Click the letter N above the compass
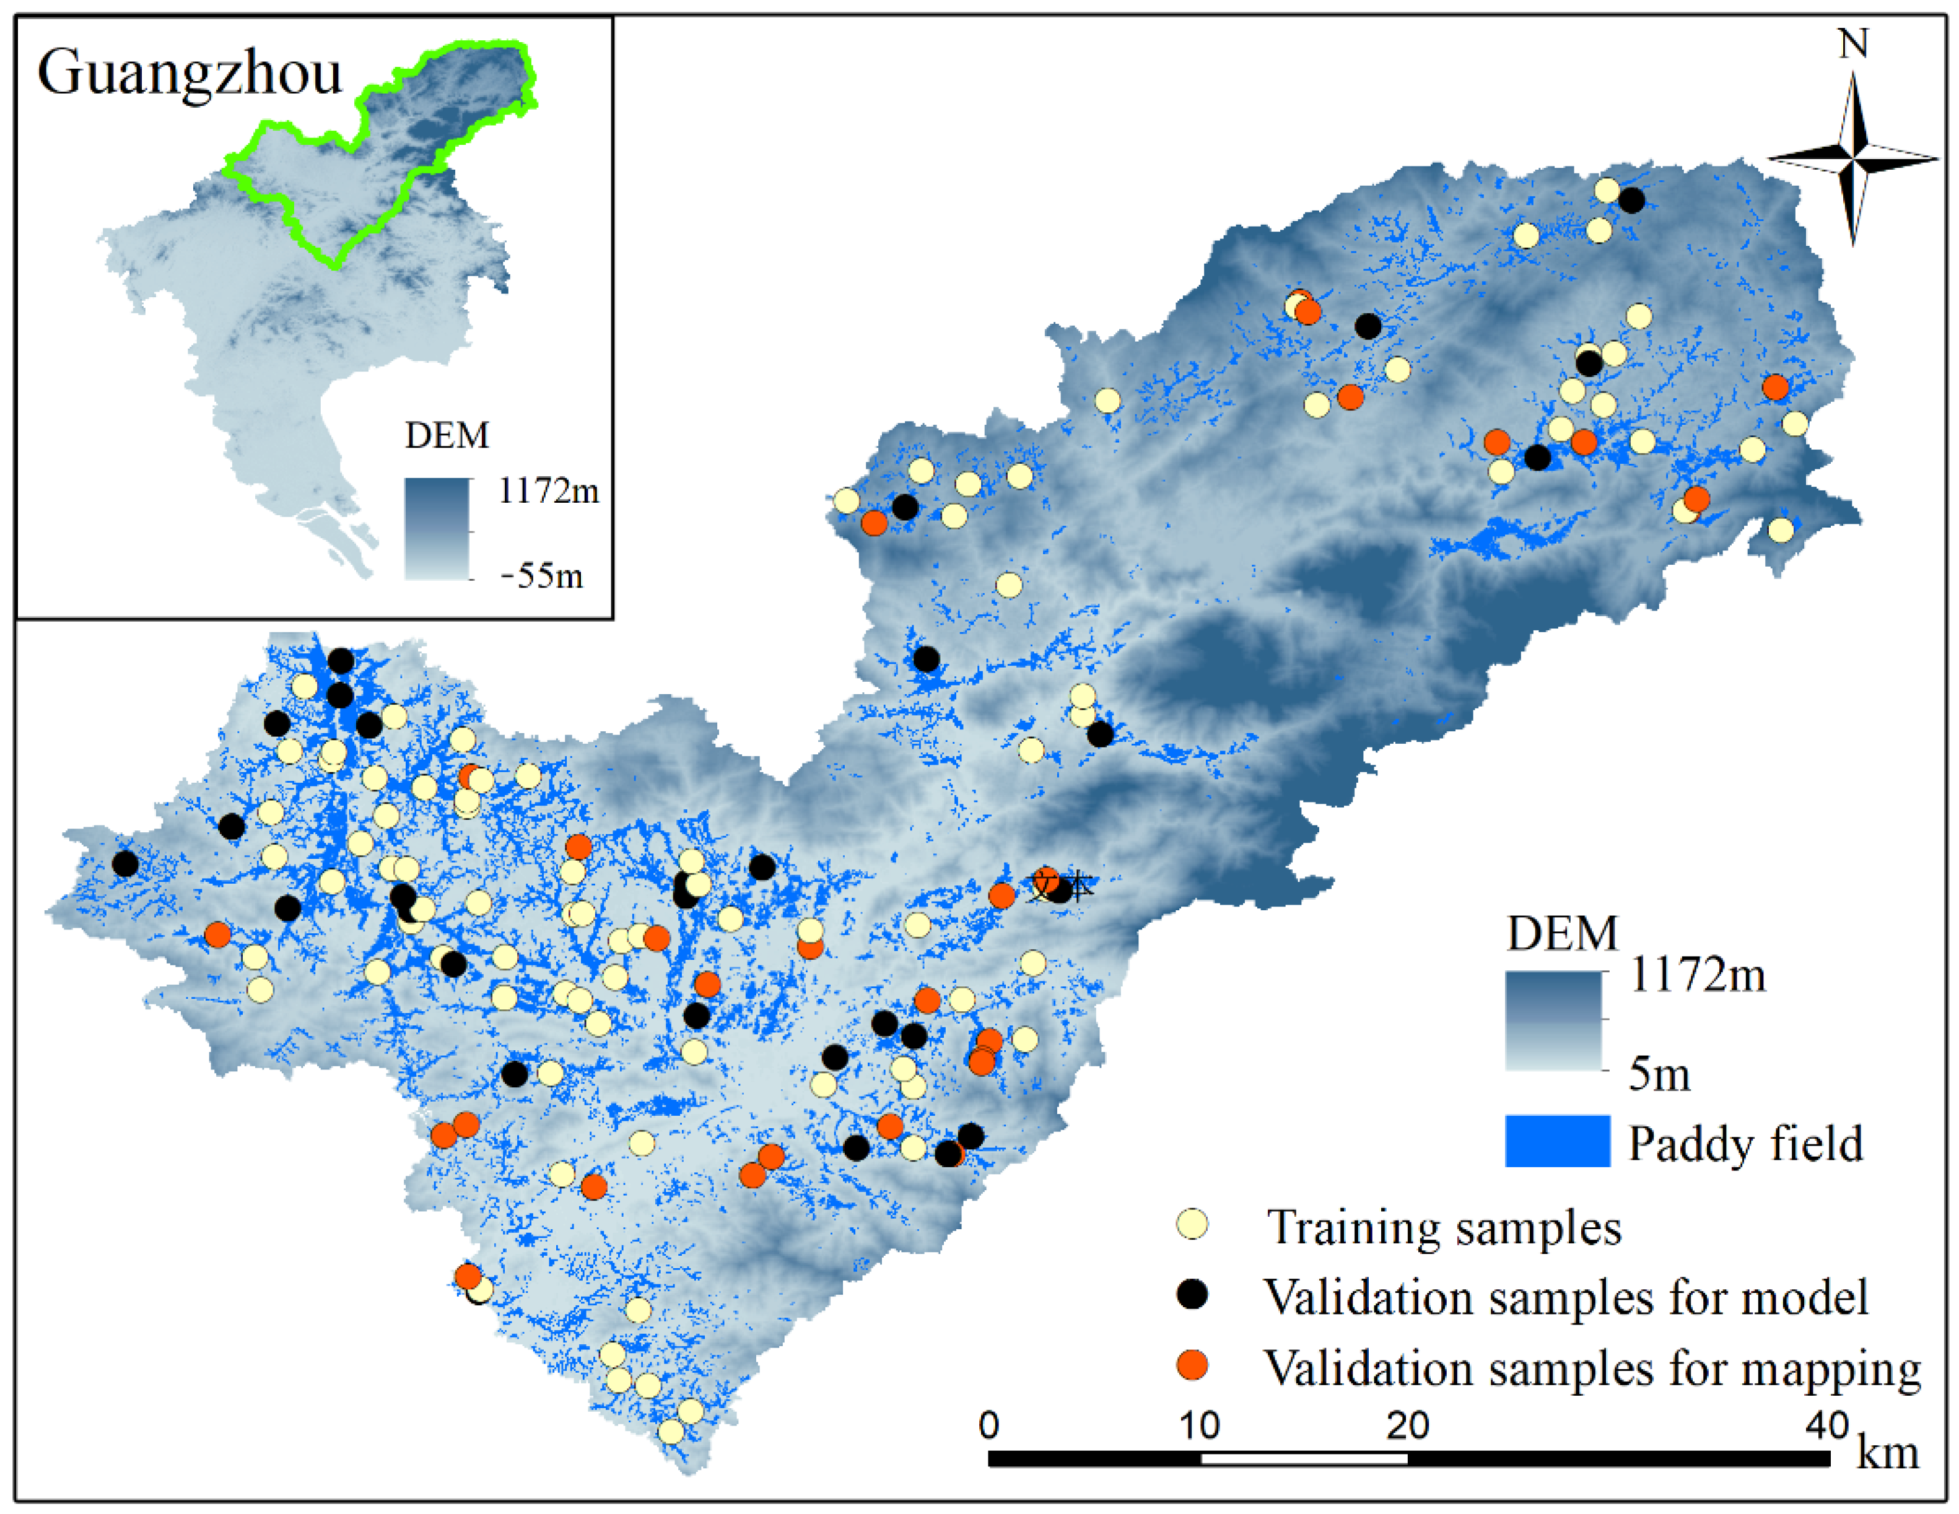[1853, 43]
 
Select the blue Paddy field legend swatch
[1557, 1141]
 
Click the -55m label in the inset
[542, 575]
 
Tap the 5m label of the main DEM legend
[1659, 1074]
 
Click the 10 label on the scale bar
[1199, 1424]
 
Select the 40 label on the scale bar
[1827, 1424]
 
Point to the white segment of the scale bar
[1303, 1458]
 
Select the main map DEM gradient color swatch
[1553, 1020]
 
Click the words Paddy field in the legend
[1745, 1144]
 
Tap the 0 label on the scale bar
[988, 1424]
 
